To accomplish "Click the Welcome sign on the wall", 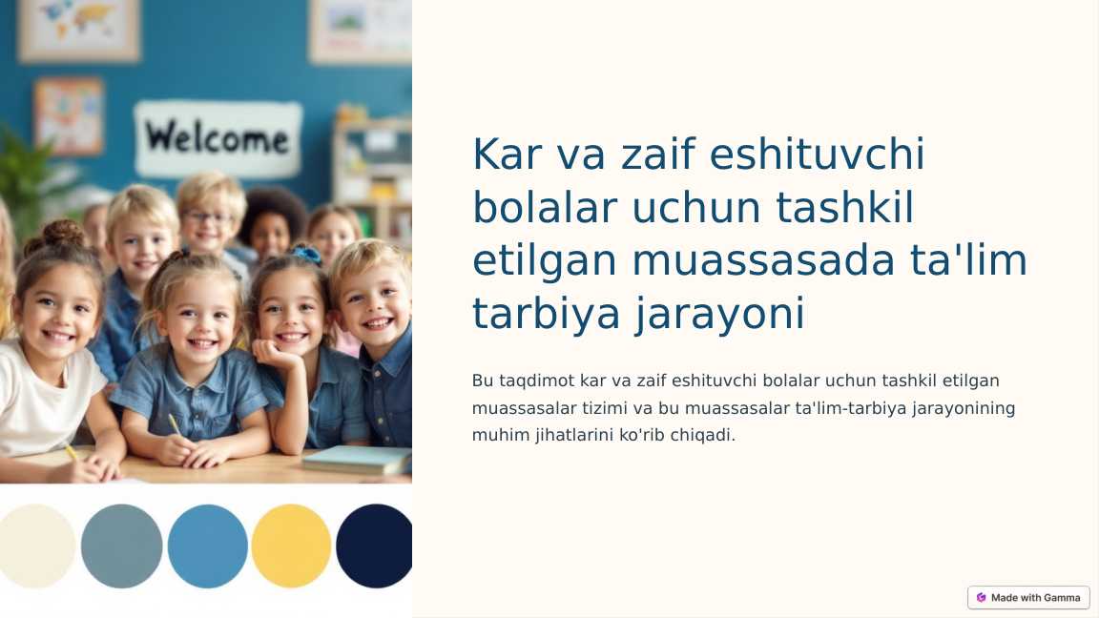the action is pos(218,138).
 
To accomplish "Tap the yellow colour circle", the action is pos(291,546).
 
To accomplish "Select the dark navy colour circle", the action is pos(374,546).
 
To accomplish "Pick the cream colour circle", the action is pos(36,546).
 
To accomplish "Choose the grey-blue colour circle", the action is pos(122,546).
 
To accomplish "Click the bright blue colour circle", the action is pos(207,546).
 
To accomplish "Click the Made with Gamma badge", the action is pos(1028,598).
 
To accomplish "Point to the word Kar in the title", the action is pos(507,154).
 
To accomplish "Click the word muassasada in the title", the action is pos(763,260).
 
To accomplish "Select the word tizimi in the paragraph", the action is pos(605,408).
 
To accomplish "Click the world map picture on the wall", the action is pos(78,29).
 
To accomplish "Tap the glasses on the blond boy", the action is pos(208,217).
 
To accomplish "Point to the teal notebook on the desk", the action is pos(357,460).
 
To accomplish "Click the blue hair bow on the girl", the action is pos(307,253).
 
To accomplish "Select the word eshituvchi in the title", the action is pos(817,154).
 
